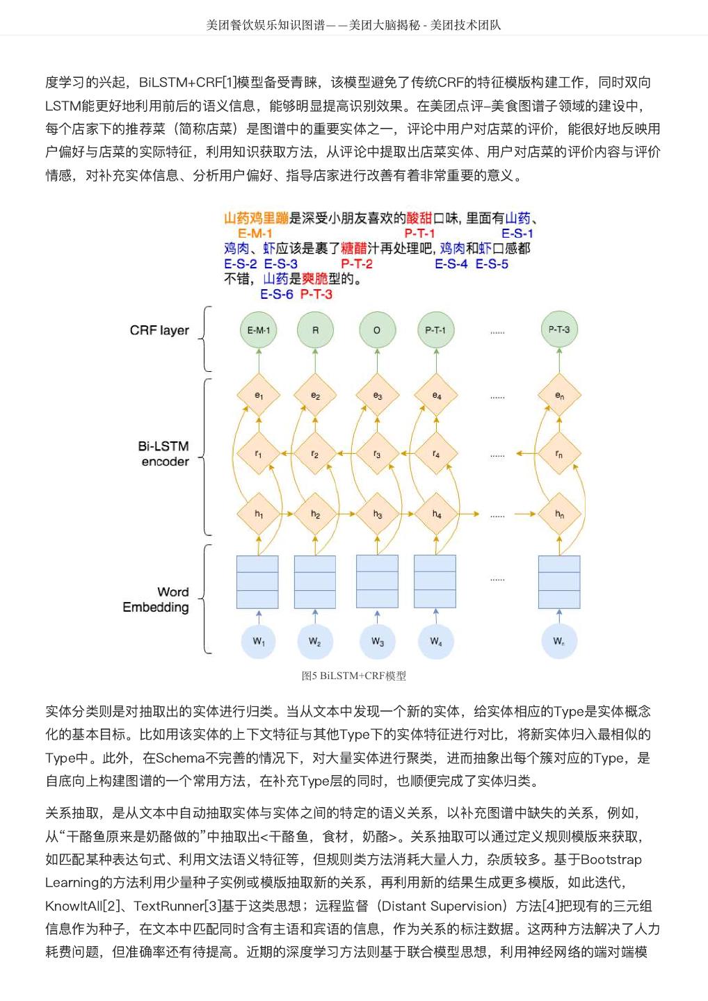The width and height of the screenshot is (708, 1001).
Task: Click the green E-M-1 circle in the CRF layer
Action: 259,331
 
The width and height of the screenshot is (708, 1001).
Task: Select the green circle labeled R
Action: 315,331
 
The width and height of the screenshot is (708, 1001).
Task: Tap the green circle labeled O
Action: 377,331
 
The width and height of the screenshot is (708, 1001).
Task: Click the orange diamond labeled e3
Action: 377,396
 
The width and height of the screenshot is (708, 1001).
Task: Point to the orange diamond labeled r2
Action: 315,454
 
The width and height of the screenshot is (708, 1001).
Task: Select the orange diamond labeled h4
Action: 436,514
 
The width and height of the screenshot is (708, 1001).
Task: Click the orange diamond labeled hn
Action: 559,514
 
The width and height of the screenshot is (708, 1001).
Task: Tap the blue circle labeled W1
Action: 259,641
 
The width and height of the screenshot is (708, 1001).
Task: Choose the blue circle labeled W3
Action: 377,641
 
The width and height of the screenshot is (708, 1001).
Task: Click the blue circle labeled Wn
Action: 559,641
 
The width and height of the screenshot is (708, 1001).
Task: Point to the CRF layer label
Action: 159,330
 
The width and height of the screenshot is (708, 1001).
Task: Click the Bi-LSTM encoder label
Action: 164,454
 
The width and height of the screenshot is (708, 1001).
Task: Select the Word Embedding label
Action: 156,599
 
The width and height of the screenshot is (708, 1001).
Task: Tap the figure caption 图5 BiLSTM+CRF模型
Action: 354,676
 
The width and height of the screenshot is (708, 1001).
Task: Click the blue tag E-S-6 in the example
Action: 277,294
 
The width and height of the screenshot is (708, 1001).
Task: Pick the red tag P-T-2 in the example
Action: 357,264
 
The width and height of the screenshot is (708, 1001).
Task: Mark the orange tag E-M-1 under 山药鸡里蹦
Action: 255,234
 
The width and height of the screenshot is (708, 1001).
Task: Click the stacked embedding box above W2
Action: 315,581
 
